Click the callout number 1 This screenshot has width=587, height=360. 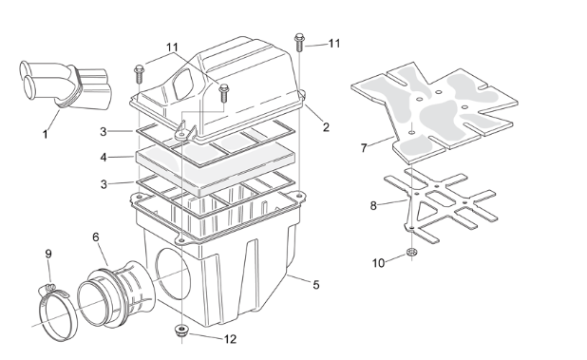coord(46,134)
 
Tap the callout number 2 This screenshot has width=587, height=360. coord(326,127)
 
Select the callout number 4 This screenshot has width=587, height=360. coord(104,158)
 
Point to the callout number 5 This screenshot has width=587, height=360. coord(316,285)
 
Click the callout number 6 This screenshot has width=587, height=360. coord(96,237)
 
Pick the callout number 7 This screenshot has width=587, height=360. coord(364,148)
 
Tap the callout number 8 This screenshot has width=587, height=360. coord(373,205)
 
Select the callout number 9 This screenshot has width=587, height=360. coord(48,254)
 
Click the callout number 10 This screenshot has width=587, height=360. coord(378,263)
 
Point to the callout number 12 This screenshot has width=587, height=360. coord(230,339)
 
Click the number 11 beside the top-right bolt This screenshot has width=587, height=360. coord(334,44)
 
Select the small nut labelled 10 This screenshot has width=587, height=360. coord(412,253)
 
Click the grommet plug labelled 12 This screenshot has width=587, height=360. coord(181,331)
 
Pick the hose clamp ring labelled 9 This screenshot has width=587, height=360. coord(57,313)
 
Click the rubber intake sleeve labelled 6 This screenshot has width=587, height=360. coord(117,294)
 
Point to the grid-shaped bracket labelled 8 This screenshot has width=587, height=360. coord(441,205)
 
